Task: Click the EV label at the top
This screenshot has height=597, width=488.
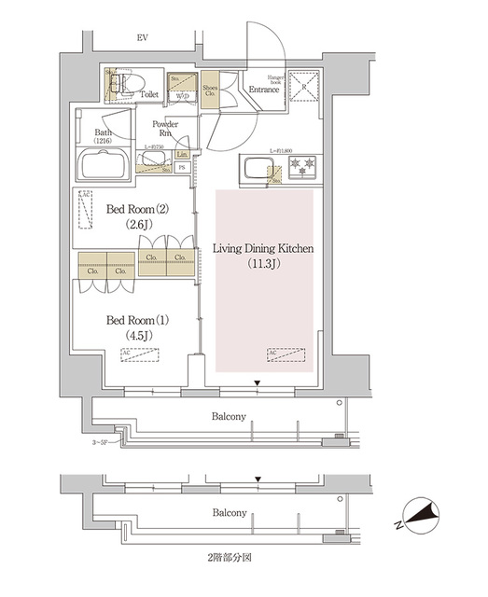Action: tap(143, 37)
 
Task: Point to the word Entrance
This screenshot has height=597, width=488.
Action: tap(265, 90)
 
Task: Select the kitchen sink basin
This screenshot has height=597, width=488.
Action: tap(255, 172)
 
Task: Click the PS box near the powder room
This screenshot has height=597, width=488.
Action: tap(181, 169)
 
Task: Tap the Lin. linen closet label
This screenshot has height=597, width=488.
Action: tap(182, 154)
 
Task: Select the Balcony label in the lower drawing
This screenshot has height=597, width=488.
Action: tap(229, 513)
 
